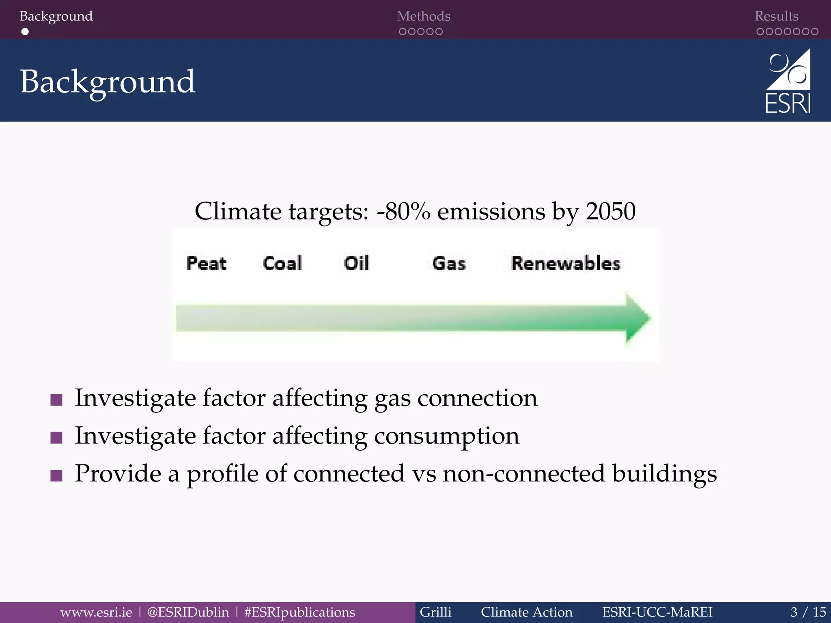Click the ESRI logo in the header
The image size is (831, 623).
click(x=788, y=81)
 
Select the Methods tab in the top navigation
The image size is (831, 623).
click(x=424, y=16)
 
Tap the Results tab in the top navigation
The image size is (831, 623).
click(x=776, y=16)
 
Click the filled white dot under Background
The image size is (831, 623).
click(x=25, y=32)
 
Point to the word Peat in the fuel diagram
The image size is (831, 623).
click(x=206, y=263)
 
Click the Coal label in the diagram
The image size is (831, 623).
click(x=282, y=263)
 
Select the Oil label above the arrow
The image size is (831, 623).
click(x=357, y=263)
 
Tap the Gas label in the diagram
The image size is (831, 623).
click(x=449, y=264)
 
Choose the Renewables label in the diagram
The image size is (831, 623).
click(x=566, y=264)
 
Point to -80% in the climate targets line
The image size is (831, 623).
click(x=403, y=211)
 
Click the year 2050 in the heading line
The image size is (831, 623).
click(x=610, y=211)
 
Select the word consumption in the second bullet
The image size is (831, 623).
click(x=446, y=436)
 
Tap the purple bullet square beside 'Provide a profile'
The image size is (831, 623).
click(x=56, y=475)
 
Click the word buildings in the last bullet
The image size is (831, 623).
click(x=664, y=474)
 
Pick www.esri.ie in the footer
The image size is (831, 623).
click(x=96, y=612)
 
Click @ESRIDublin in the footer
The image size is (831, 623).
click(x=188, y=612)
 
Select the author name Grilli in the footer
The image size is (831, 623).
click(x=435, y=612)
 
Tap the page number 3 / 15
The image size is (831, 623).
click(x=808, y=612)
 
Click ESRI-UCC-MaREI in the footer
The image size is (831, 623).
click(x=657, y=612)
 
